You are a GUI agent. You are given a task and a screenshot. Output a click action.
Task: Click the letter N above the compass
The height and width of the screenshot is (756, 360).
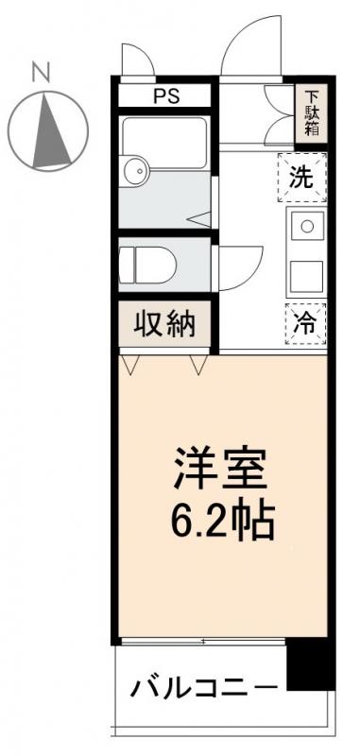click(x=40, y=69)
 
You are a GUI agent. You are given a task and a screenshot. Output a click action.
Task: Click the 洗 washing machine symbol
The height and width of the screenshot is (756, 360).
click(x=300, y=178)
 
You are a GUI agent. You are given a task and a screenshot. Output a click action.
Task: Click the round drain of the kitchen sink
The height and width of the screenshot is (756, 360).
click(x=306, y=226)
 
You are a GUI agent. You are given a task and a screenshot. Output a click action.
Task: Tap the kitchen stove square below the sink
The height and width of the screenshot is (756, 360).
click(x=305, y=275)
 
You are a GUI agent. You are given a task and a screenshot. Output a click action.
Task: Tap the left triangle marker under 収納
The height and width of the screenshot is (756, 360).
click(x=131, y=364)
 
